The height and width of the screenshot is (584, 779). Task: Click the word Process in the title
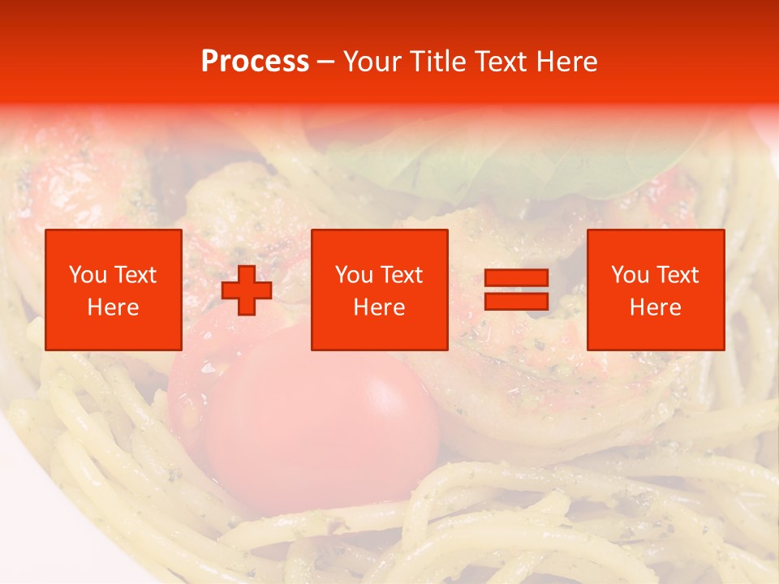pos(255,62)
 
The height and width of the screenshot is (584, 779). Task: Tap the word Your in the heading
pos(370,62)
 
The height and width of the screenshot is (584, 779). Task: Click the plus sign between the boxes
pos(247,290)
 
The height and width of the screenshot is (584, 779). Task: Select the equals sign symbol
pos(516,290)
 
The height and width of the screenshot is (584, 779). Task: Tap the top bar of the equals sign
pos(516,278)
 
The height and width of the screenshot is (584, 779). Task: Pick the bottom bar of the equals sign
pos(516,301)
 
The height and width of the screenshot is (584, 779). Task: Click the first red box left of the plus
pos(114,290)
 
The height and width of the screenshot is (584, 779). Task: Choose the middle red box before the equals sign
pos(379,290)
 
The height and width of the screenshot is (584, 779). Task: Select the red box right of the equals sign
pos(655,290)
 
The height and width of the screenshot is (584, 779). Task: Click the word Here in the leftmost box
pos(114,307)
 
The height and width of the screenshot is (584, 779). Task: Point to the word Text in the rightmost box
pos(678,275)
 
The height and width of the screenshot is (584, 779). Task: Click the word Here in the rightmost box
pos(655,307)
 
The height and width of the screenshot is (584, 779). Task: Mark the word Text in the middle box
pos(402,275)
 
